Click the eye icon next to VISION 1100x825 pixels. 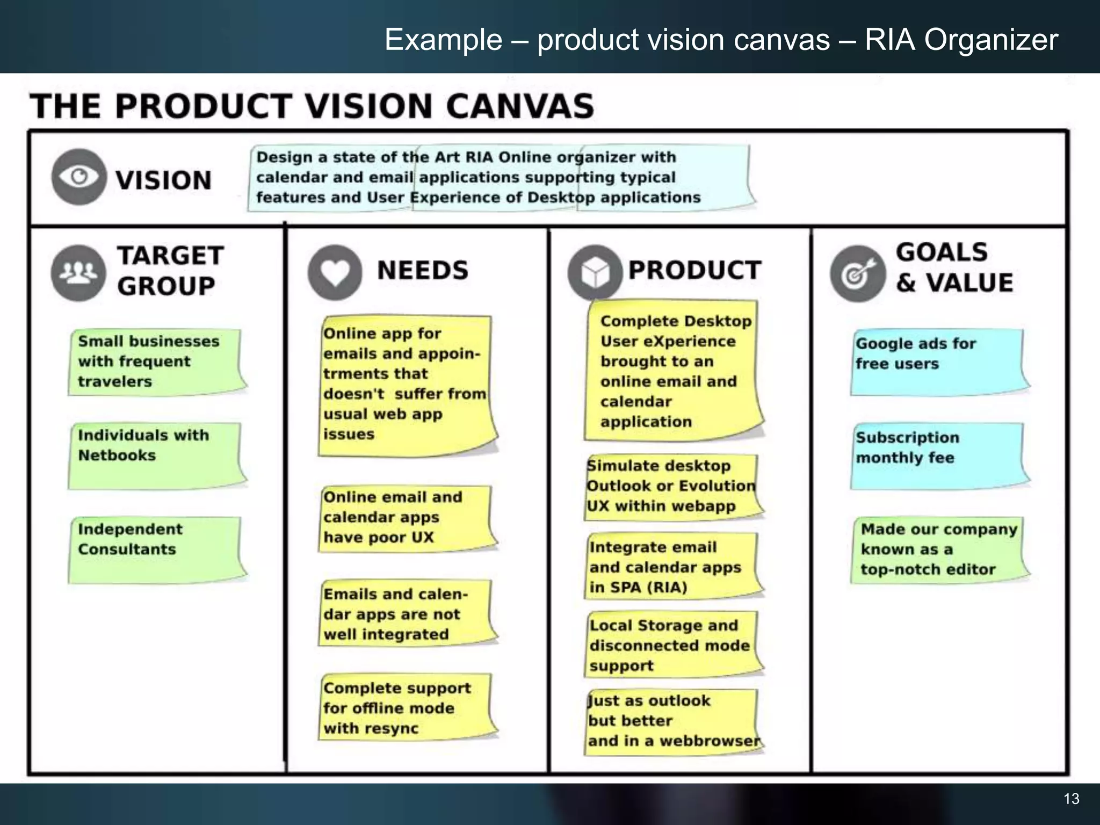pyautogui.click(x=78, y=177)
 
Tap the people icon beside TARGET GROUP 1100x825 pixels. pyautogui.click(x=78, y=272)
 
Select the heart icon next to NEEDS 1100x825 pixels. pyautogui.click(x=335, y=272)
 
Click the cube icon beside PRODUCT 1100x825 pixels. pyautogui.click(x=595, y=272)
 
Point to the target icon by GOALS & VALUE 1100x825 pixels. pyautogui.click(x=857, y=274)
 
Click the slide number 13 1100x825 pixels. pyautogui.click(x=1071, y=799)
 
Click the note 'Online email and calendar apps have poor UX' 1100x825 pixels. pyautogui.click(x=406, y=518)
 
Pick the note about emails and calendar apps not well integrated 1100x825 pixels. pyautogui.click(x=406, y=613)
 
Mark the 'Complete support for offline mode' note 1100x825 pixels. pyautogui.click(x=406, y=707)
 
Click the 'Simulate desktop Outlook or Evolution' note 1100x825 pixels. pyautogui.click(x=671, y=487)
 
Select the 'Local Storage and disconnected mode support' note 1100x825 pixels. pyautogui.click(x=671, y=645)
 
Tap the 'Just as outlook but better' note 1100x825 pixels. pyautogui.click(x=671, y=721)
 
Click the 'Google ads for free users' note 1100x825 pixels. pyautogui.click(x=937, y=361)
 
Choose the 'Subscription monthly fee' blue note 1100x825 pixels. pyautogui.click(x=937, y=455)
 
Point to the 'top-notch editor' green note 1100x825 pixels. pyautogui.click(x=937, y=549)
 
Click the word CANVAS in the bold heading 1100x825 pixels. pyautogui.click(x=519, y=106)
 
